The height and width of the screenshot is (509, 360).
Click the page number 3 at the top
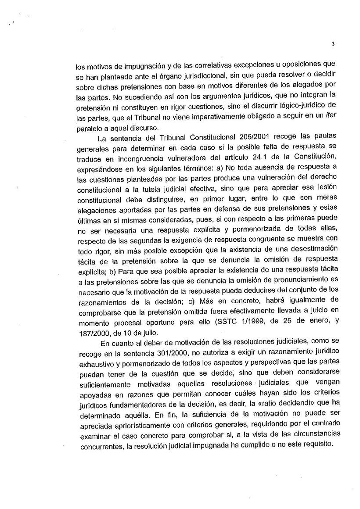pos(333,43)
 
